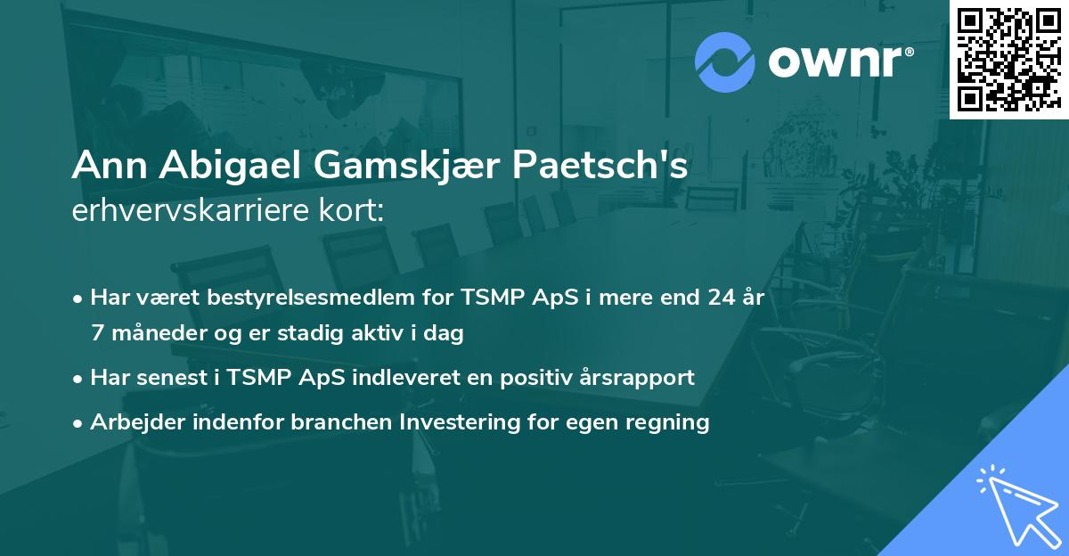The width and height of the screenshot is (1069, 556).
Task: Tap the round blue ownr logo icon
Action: (x=724, y=61)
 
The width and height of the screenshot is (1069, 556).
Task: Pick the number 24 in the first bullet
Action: (x=714, y=298)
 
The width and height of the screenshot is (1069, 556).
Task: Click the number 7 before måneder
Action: (x=97, y=333)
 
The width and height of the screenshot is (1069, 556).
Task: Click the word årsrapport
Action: (x=639, y=378)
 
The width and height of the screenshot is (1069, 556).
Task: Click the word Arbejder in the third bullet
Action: (x=131, y=421)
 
